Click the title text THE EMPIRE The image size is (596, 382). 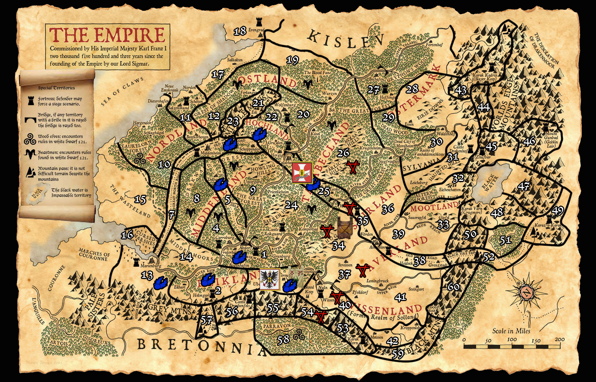(x=107, y=35)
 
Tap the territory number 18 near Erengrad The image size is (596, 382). (x=240, y=31)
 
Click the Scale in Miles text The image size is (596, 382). (x=511, y=331)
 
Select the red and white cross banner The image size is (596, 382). (x=302, y=172)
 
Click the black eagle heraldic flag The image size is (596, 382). (x=270, y=279)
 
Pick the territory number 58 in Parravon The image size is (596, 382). (x=283, y=339)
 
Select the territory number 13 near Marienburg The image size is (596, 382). (x=147, y=275)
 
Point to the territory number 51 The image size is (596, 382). (x=505, y=239)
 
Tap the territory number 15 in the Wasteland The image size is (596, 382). (x=140, y=200)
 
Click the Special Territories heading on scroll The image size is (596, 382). (x=56, y=88)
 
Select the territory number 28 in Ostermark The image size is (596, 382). (x=412, y=89)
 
